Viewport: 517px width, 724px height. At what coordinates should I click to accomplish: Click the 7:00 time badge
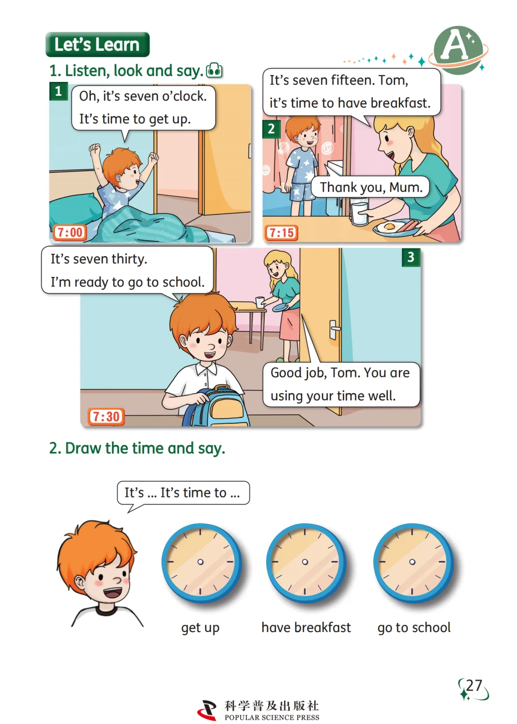coord(70,232)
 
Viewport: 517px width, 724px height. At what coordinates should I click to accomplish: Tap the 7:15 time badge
coord(281,233)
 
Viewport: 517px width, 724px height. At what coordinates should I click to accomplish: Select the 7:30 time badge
coord(106,417)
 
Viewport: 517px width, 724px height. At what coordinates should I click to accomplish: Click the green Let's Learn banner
coord(97,44)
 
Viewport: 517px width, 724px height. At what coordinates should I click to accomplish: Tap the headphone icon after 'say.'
coord(214,70)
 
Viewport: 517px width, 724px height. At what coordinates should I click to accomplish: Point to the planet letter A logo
coord(458,50)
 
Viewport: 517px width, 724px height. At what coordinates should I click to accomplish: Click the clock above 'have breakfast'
coord(305,562)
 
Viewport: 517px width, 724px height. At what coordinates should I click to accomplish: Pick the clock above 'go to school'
coord(413,562)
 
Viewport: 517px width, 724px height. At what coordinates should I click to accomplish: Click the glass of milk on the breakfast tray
coord(360,212)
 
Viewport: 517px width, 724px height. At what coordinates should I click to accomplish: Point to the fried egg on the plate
coord(389,226)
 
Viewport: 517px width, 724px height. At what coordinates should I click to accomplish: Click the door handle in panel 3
coord(334,329)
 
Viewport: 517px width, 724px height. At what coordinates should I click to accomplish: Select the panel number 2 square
coord(271,129)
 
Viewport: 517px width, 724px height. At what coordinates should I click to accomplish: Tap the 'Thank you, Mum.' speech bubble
coord(371,187)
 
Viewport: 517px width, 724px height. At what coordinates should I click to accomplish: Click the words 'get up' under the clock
coord(200,628)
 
